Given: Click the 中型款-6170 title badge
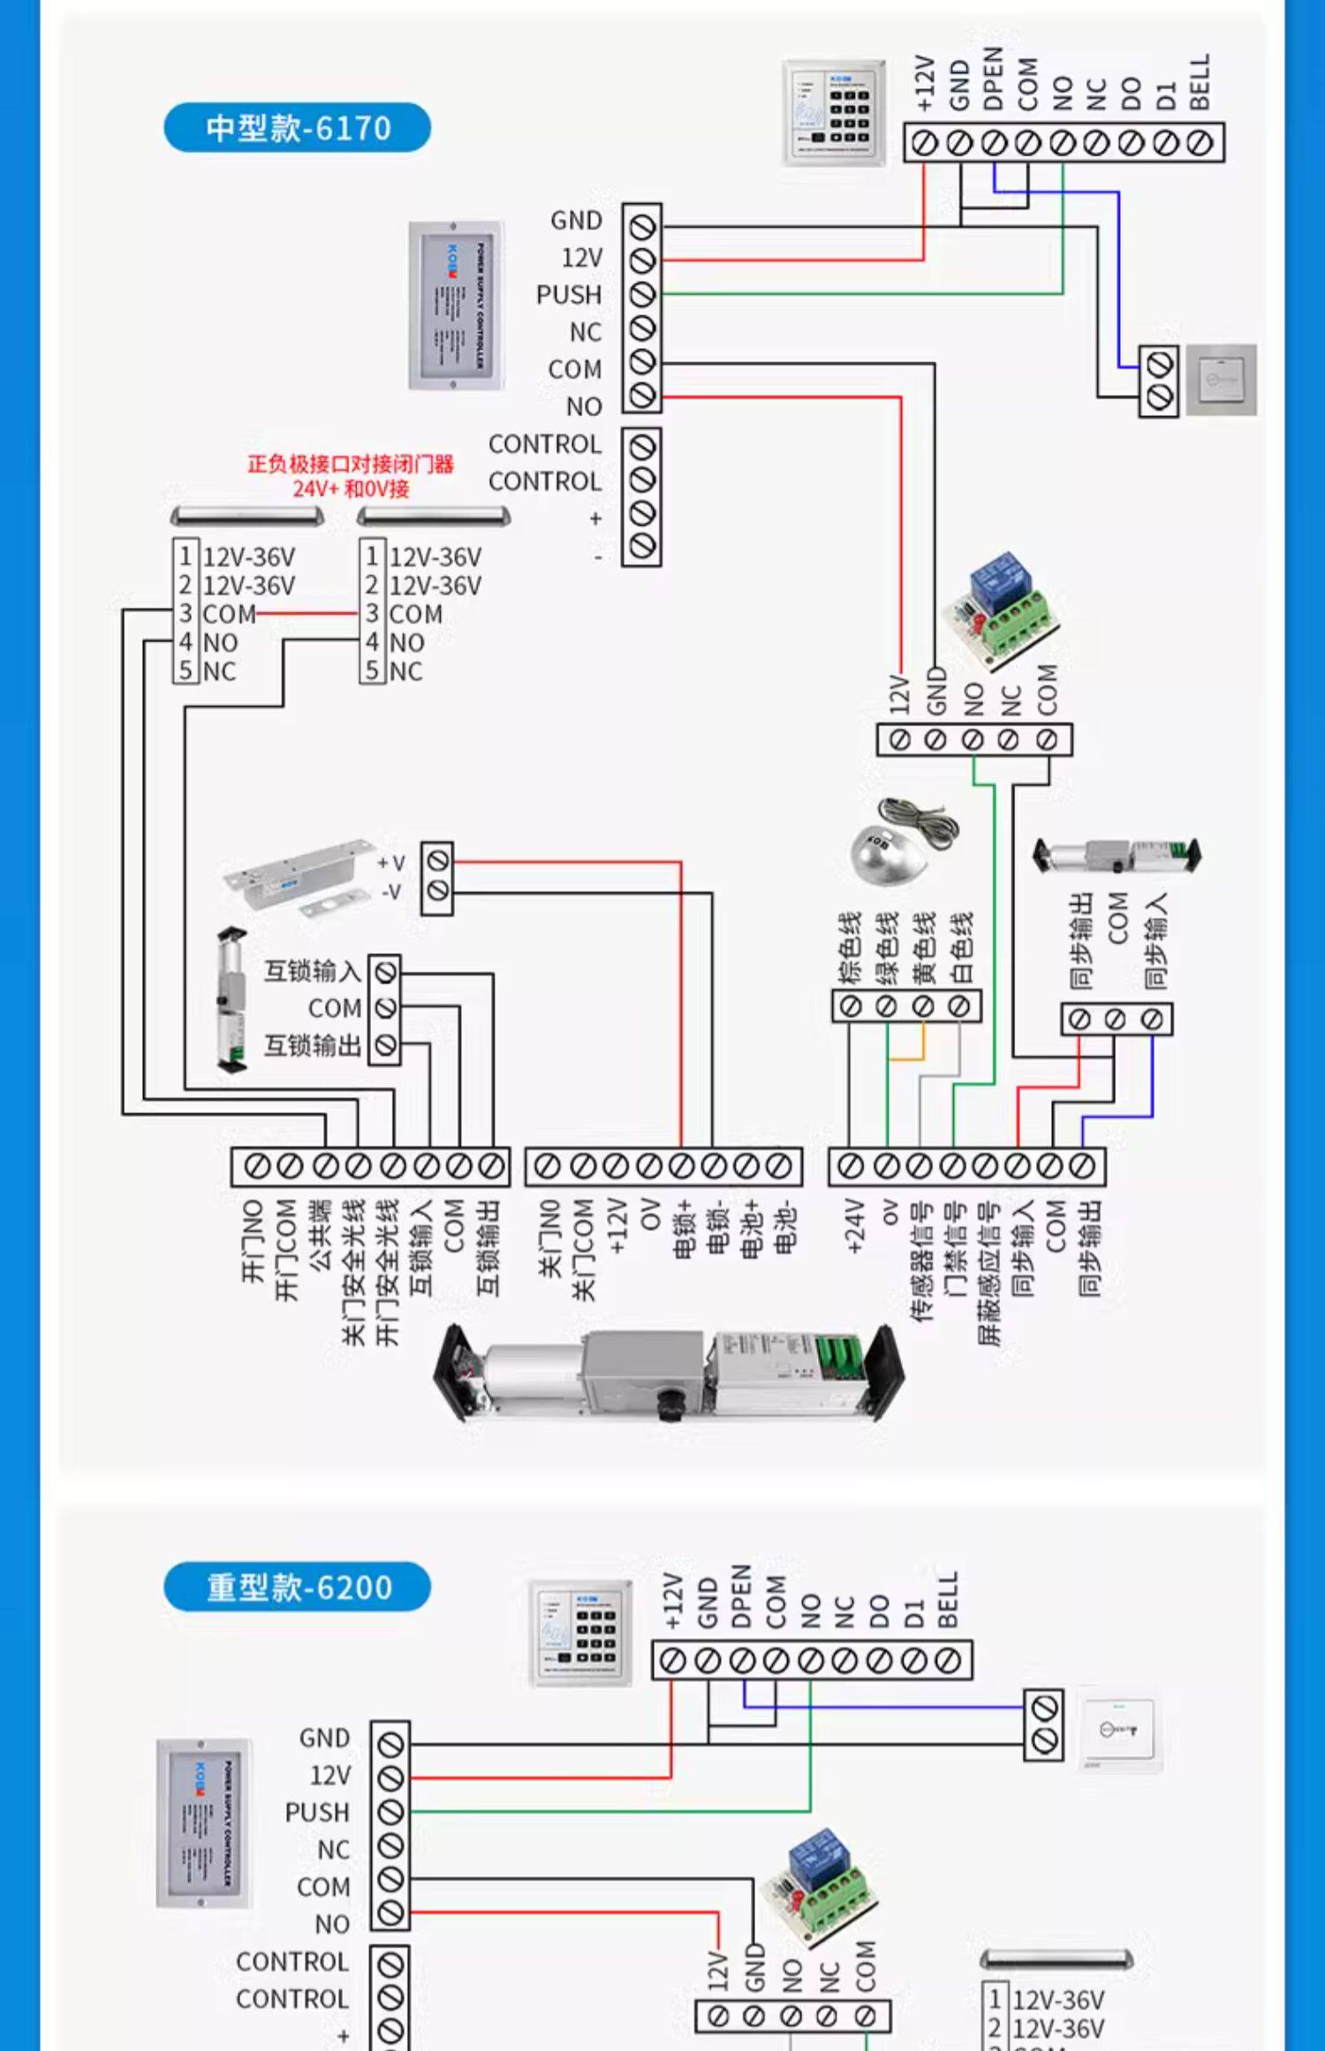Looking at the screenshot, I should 297,128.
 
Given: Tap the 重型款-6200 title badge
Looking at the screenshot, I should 297,1587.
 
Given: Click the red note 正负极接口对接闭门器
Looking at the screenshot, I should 351,465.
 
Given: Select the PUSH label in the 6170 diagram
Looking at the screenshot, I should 568,295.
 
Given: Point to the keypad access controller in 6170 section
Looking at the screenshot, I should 834,112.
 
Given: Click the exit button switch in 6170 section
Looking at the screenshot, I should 1221,380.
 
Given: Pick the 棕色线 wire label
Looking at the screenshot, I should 850,947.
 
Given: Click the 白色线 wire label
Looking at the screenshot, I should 961,947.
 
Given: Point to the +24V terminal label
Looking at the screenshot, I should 852,1226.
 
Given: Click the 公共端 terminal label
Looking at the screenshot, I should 321,1235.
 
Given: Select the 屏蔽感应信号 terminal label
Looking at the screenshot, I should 988,1272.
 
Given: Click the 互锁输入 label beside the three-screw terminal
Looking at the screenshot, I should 313,972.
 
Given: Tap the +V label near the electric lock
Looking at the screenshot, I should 390,863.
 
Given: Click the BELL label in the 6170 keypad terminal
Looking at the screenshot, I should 1199,81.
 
